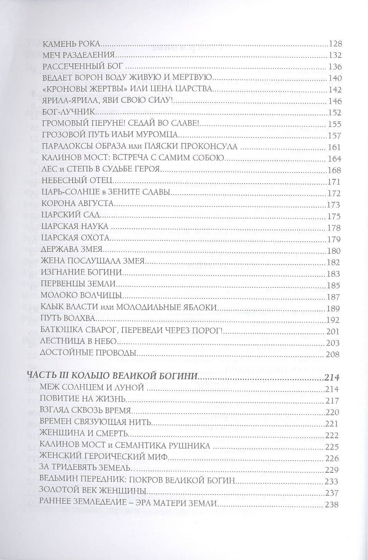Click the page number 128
click(335, 44)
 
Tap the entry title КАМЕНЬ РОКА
click(71, 44)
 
